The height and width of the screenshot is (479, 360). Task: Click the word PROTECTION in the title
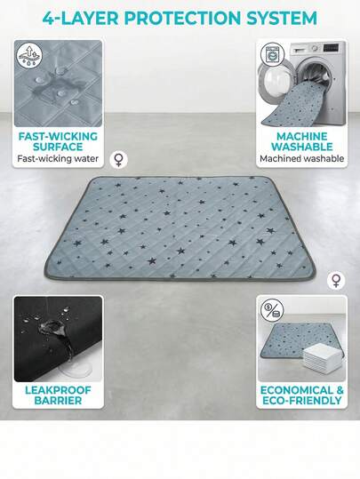point(182,18)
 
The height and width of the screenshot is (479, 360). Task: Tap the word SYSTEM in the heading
point(282,18)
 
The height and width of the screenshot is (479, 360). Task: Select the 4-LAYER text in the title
point(80,18)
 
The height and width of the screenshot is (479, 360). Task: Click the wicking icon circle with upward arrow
point(29,56)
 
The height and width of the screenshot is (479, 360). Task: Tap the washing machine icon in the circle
point(272,55)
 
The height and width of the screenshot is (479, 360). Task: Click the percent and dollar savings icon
point(272,310)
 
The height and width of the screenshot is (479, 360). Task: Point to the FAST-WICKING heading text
point(58,136)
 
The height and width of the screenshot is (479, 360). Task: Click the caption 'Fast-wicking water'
point(58,158)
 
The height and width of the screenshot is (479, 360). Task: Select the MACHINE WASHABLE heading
point(302,141)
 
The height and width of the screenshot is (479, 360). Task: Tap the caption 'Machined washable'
point(302,158)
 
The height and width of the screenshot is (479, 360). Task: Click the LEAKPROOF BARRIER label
point(58,395)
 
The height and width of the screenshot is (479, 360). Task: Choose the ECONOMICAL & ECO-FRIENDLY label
point(302,395)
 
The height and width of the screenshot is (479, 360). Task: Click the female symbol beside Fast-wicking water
point(119,159)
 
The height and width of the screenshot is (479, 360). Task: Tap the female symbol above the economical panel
point(336,281)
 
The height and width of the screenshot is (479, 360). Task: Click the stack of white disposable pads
point(322,356)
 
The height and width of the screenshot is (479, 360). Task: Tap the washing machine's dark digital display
point(332,48)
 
